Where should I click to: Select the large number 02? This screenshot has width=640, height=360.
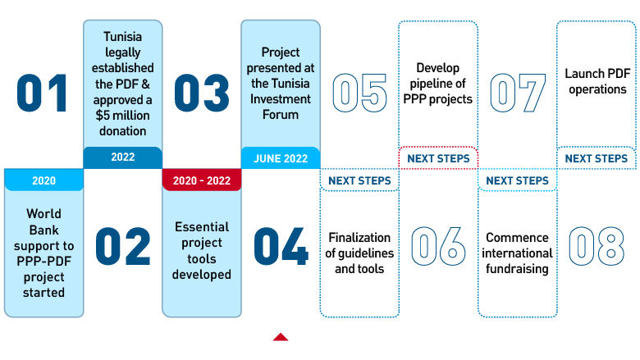tap(123, 246)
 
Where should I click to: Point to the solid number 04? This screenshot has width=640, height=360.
tap(281, 246)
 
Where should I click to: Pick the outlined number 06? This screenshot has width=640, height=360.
tap(438, 246)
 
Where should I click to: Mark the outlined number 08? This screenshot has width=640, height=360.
tap(596, 246)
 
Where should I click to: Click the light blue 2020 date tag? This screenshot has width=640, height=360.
tap(43, 180)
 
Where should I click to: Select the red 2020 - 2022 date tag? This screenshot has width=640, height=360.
tap(201, 180)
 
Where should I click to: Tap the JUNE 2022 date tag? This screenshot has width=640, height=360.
tap(280, 158)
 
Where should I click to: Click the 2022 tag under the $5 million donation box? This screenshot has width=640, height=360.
tap(122, 158)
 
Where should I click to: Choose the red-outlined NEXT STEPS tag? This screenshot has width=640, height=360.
tap(438, 158)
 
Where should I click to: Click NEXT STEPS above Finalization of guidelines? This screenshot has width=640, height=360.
tap(359, 180)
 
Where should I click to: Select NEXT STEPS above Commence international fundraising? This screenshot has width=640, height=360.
tap(517, 180)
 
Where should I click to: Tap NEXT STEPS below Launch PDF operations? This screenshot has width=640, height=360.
tap(596, 158)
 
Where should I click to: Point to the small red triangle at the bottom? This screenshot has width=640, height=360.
tap(281, 336)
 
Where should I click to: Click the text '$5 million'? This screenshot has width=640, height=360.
tap(122, 115)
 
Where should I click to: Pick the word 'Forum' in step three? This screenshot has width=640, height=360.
tap(281, 115)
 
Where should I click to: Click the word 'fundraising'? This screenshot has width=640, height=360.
tap(517, 268)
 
